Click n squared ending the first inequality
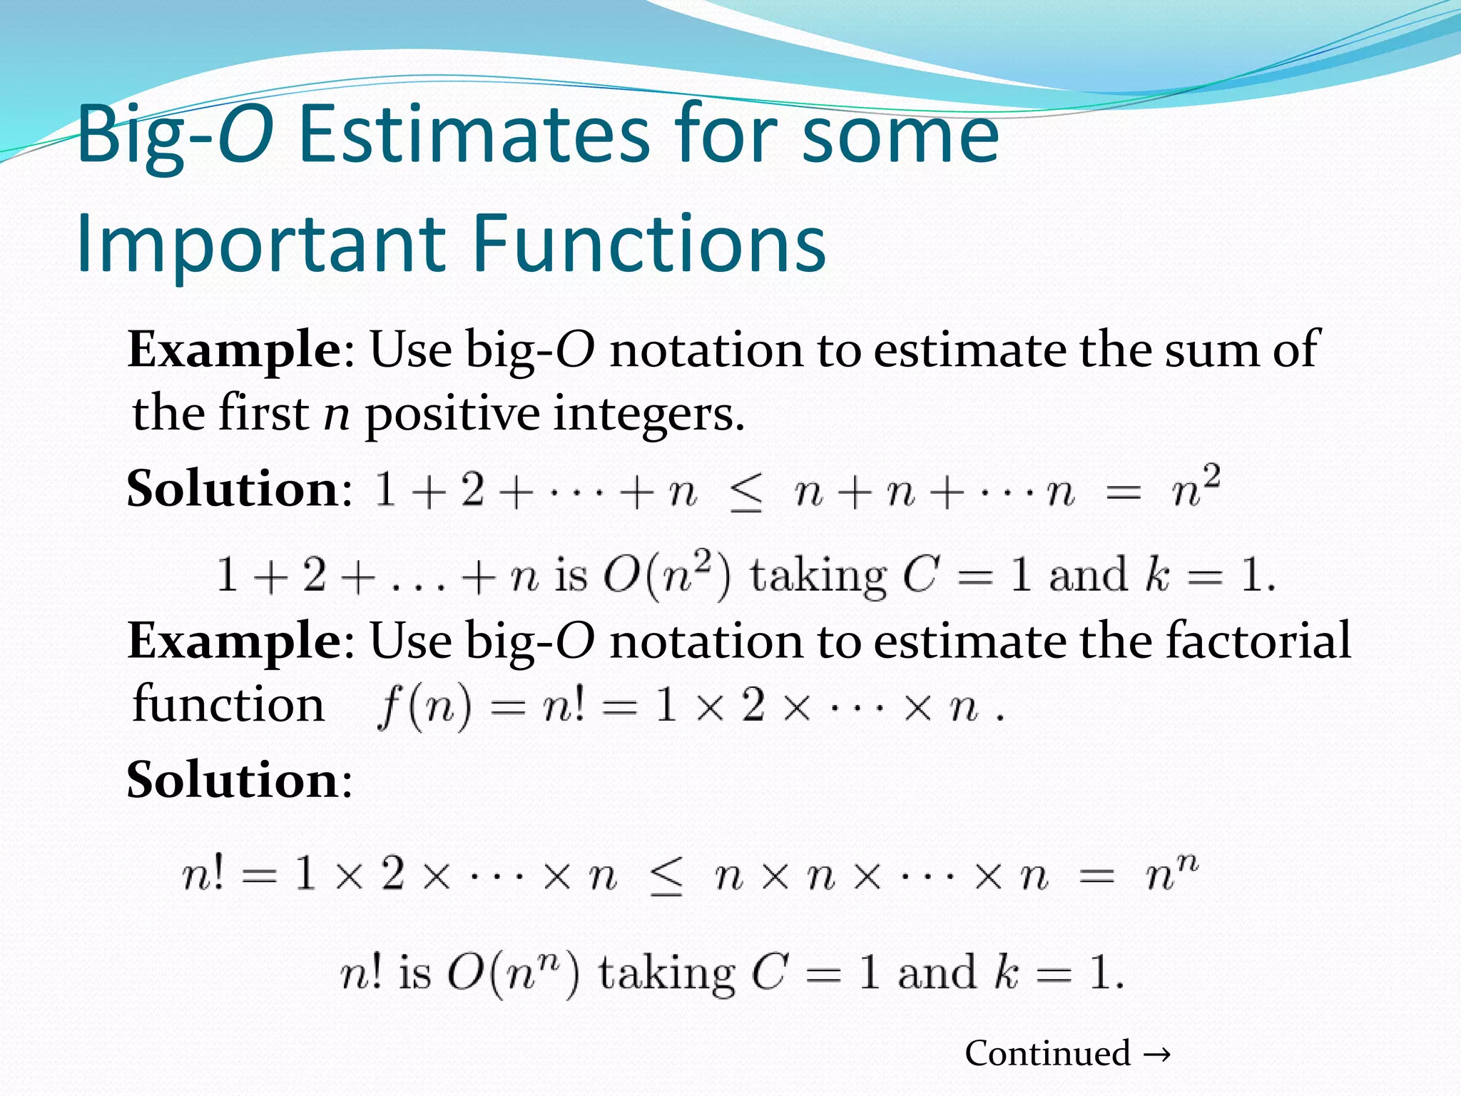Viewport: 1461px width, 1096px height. [1196, 489]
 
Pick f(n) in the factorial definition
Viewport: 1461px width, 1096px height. [424, 707]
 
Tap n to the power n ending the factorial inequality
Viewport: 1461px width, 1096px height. [1171, 873]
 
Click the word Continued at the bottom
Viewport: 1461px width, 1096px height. [1047, 1053]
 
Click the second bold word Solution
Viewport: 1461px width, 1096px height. [232, 780]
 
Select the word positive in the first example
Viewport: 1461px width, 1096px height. [453, 414]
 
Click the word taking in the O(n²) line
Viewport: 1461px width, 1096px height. [818, 575]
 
